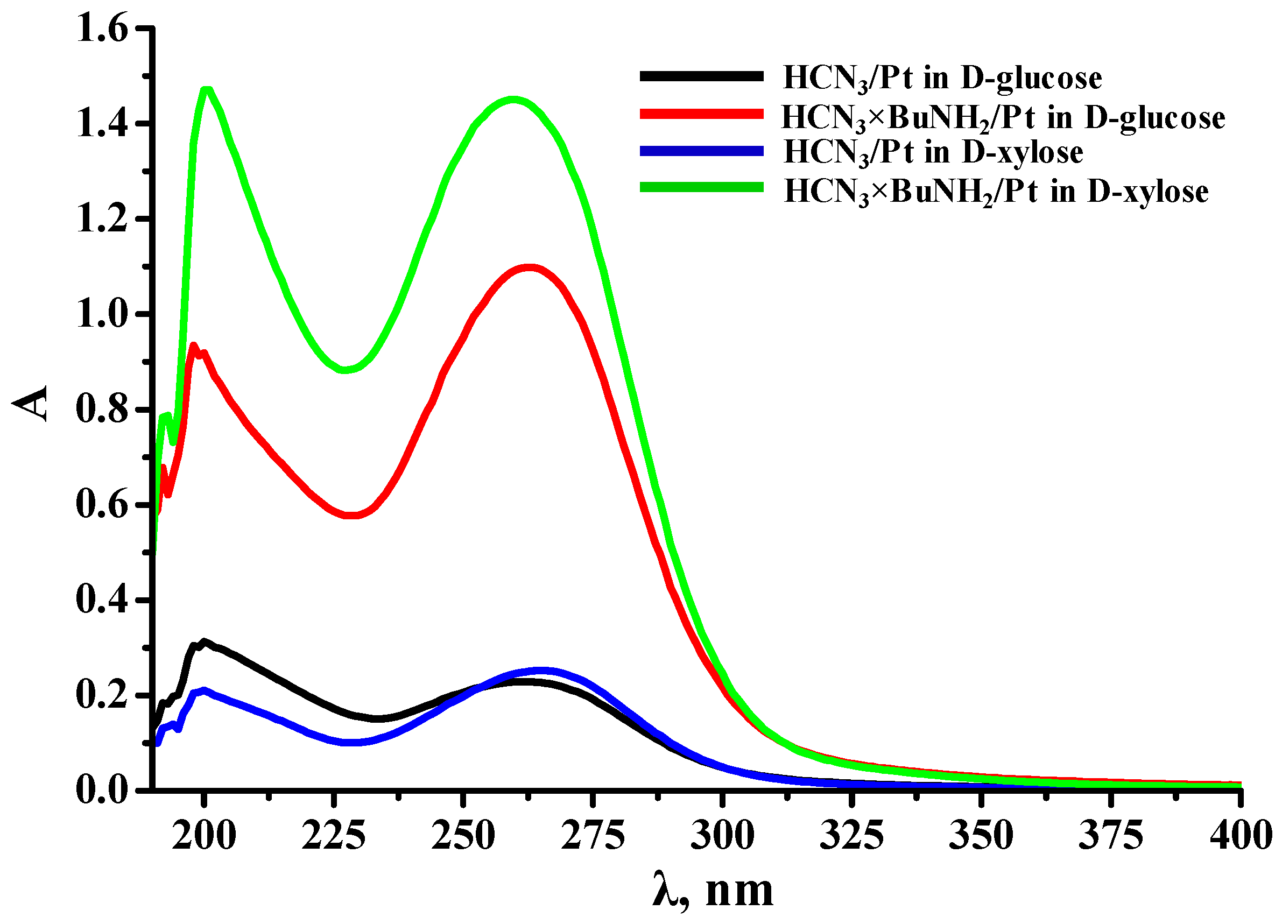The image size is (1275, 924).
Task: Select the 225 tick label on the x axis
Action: tap(333, 836)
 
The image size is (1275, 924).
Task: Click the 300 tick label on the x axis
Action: tap(722, 836)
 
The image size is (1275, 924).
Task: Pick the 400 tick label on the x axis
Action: tap(1240, 836)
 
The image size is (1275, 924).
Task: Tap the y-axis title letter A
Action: tap(31, 403)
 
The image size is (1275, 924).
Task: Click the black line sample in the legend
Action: tap(701, 76)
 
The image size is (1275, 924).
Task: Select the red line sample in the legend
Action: tap(701, 114)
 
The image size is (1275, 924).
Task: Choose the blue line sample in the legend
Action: tap(701, 151)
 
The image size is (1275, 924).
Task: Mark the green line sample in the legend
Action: tap(701, 187)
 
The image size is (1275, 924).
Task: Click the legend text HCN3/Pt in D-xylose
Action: tap(933, 153)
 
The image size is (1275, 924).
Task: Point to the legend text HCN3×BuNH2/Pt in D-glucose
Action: tap(1003, 118)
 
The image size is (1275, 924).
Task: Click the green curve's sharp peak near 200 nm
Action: tap(207, 90)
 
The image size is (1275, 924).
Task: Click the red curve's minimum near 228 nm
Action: tap(350, 515)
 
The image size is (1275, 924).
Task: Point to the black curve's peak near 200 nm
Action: tap(203, 641)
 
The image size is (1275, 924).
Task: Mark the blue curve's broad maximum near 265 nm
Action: tap(541, 671)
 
